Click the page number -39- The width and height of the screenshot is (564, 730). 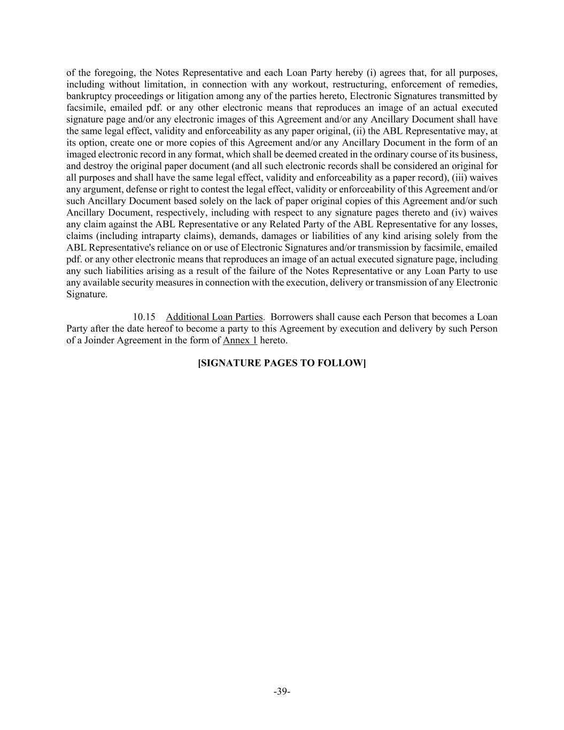282,691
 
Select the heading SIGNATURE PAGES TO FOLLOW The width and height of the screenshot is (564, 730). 282,363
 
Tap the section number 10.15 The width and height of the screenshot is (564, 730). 144,317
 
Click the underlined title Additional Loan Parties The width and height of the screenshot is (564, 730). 214,317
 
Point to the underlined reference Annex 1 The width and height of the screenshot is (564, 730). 240,340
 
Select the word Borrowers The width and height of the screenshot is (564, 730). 293,317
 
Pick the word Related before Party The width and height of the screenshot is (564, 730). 273,224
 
